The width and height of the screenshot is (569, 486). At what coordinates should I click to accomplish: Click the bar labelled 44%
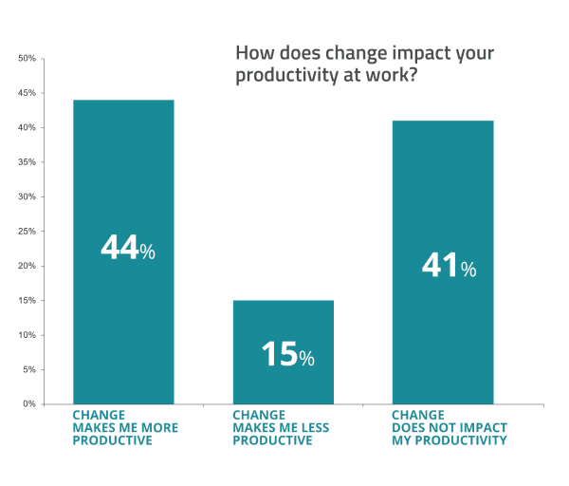(x=123, y=190)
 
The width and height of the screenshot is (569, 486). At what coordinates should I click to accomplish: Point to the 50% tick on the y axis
(x=27, y=59)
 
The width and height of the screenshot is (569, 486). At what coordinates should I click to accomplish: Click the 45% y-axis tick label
(x=27, y=93)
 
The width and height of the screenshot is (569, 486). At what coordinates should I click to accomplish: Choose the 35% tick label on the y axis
(x=27, y=162)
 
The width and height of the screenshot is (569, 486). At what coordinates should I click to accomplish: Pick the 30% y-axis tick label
(x=27, y=196)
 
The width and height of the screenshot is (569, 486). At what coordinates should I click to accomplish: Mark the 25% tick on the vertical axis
(x=27, y=232)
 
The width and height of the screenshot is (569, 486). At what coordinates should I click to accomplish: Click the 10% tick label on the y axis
(x=27, y=335)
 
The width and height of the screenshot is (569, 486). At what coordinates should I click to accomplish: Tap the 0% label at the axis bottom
(x=28, y=404)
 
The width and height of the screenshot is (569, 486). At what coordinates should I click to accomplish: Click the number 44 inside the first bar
(x=119, y=249)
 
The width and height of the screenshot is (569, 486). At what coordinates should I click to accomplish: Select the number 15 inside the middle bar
(x=279, y=355)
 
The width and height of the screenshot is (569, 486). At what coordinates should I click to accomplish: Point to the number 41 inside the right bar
(x=440, y=266)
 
